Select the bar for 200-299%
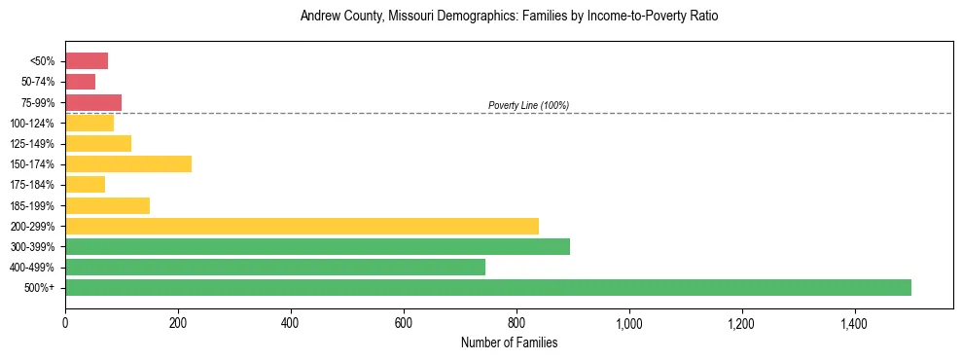coord(302,226)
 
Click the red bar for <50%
coord(87,61)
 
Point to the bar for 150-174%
coord(128,163)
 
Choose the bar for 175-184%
coord(86,184)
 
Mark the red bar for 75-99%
coord(93,102)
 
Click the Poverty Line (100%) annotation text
coord(528,105)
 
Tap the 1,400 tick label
coord(855,323)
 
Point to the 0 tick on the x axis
coord(65,323)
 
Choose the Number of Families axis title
coord(509,342)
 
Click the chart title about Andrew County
coord(509,17)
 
